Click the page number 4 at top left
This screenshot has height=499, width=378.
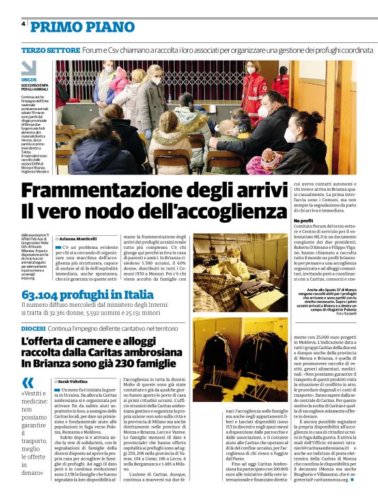click(x=23, y=24)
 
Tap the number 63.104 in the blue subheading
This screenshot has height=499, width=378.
click(x=45, y=295)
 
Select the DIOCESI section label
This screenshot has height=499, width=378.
click(x=33, y=329)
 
